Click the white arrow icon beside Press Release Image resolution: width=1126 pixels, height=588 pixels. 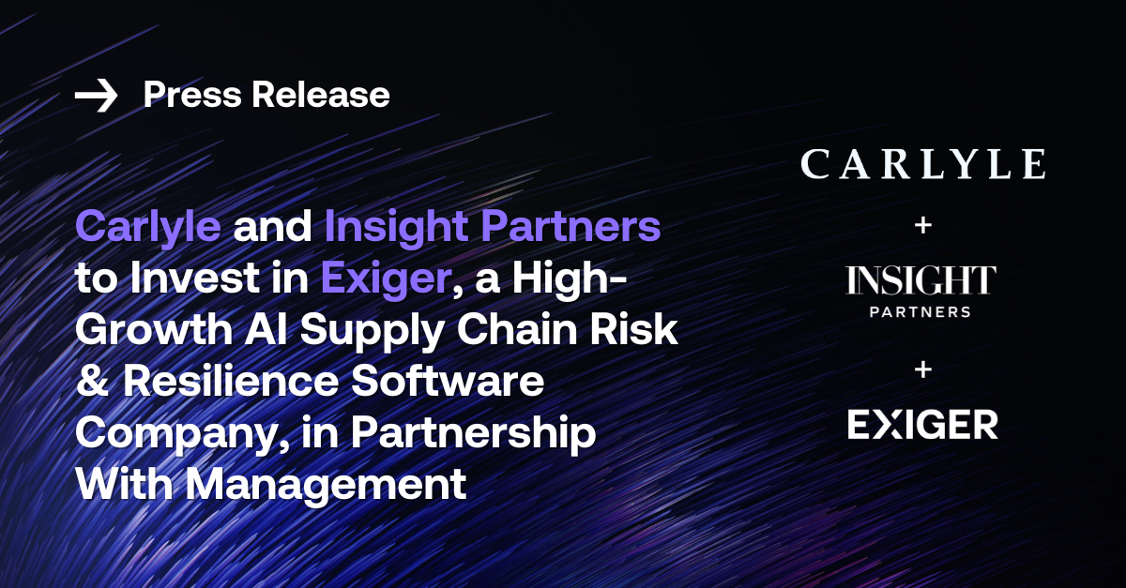coord(96,96)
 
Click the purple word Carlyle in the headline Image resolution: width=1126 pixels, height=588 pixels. coord(148,229)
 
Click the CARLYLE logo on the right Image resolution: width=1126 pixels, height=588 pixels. coord(922,164)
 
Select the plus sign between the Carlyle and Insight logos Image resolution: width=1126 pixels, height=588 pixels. coord(922,225)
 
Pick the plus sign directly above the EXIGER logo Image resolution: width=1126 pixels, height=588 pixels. coord(922,369)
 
